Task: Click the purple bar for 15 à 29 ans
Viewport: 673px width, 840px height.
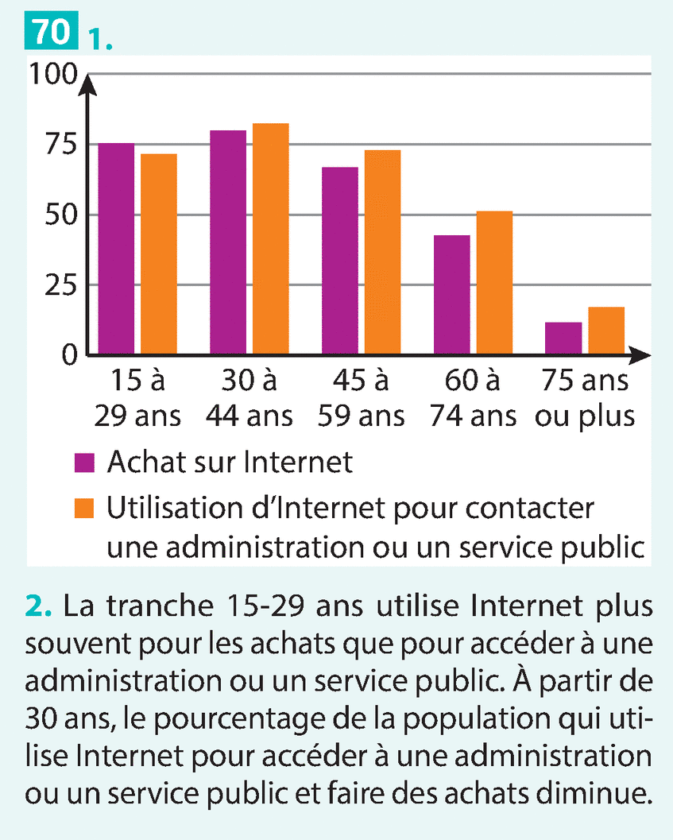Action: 116,248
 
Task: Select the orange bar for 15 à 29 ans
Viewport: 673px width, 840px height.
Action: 159,254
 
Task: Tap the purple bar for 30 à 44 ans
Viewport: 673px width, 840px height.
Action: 228,242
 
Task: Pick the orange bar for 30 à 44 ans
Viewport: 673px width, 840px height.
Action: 271,238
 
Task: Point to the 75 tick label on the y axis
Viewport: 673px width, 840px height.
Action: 58,145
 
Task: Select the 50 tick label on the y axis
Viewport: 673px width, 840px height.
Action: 58,215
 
